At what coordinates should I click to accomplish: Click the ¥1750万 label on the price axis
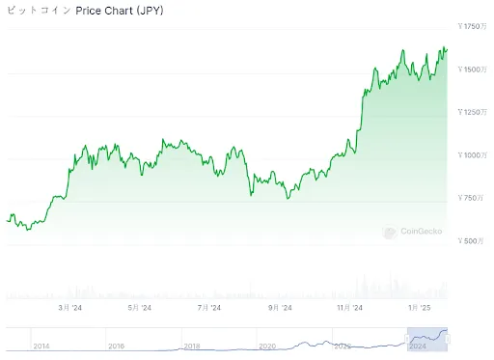click(x=473, y=26)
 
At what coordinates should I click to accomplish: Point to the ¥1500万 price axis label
click(x=473, y=69)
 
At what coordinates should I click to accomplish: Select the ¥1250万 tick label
click(x=473, y=113)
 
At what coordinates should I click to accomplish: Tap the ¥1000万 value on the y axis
click(x=473, y=155)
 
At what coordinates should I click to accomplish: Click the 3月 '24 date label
click(x=70, y=308)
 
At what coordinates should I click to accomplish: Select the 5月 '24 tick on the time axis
click(x=140, y=308)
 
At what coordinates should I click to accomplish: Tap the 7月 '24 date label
click(x=209, y=308)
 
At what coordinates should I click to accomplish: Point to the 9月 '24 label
click(x=280, y=308)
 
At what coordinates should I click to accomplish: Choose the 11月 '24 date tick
click(x=349, y=308)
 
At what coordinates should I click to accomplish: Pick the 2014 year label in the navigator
click(x=41, y=346)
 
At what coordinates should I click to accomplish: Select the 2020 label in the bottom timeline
click(x=267, y=346)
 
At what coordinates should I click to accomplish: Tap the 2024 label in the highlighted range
click(x=417, y=346)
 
